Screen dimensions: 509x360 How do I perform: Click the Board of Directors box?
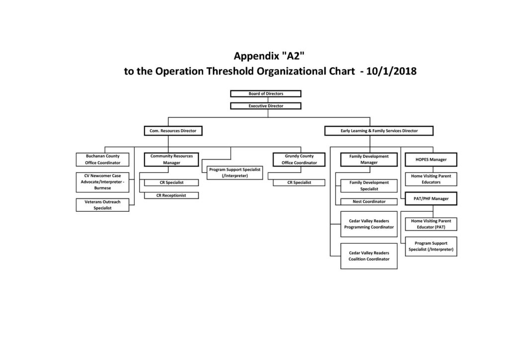coord(265,93)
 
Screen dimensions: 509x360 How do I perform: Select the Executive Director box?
coord(265,106)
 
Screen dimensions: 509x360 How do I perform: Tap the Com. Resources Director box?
coord(173,131)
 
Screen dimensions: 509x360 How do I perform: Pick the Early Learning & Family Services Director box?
coord(379,131)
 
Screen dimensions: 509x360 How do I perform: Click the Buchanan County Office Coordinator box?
coord(102,160)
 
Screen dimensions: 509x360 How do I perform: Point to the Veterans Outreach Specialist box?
coord(102,205)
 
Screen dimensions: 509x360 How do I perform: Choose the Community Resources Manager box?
coord(171,160)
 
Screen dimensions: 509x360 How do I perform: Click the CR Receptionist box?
coord(171,195)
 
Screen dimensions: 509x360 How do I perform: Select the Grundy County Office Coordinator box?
coord(299,160)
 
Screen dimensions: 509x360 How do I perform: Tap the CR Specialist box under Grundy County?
coord(299,182)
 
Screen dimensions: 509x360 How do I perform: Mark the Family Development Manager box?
coord(369,160)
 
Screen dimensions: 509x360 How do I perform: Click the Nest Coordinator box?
coord(369,201)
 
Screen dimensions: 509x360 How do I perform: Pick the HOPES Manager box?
coord(431,160)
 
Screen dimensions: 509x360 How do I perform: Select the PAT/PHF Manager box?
coord(431,199)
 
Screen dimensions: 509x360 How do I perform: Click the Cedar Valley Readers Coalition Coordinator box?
coord(369,256)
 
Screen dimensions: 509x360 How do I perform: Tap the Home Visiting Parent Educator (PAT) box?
coord(431,224)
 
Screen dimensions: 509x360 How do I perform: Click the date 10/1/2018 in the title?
coord(392,71)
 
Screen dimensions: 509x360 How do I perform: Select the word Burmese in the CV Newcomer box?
coord(102,188)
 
